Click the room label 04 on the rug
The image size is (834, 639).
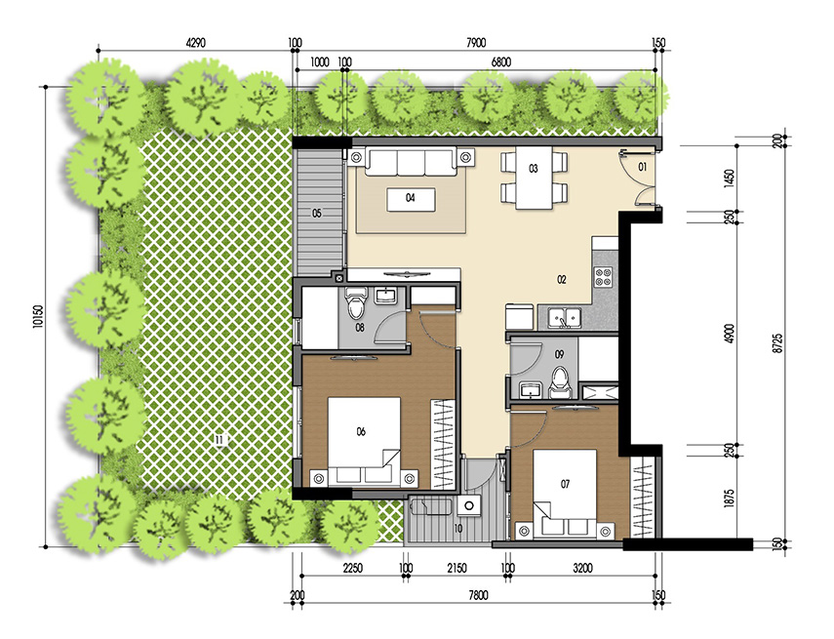click(x=411, y=198)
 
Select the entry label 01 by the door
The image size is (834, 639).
click(x=643, y=168)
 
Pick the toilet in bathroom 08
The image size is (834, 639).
click(x=358, y=307)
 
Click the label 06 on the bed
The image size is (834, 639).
click(x=361, y=431)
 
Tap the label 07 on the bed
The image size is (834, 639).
click(x=565, y=482)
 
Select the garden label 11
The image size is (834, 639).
click(x=219, y=441)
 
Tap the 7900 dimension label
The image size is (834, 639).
click(x=476, y=43)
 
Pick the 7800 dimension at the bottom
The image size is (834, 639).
click(x=477, y=595)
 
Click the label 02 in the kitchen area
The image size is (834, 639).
click(x=562, y=280)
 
